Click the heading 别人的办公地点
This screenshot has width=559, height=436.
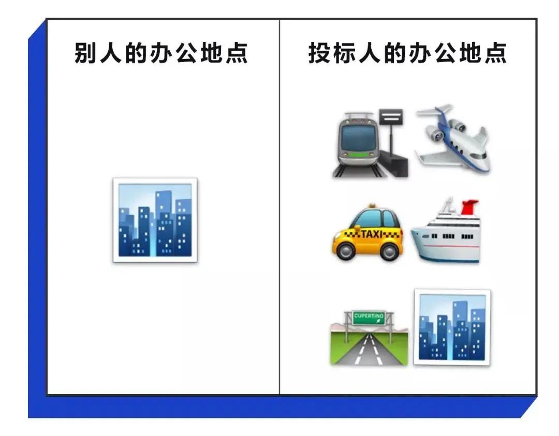click(161, 53)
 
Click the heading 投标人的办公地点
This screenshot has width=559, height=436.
click(407, 53)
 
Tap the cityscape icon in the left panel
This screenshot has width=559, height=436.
click(155, 220)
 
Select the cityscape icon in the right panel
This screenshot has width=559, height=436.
click(452, 327)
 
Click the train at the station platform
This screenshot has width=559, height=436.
click(358, 144)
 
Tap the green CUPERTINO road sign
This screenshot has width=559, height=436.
click(369, 318)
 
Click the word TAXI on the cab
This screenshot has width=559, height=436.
click(372, 234)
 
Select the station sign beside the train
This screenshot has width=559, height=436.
click(391, 117)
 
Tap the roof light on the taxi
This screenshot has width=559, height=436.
click(372, 206)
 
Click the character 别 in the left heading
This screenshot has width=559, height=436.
click(85, 53)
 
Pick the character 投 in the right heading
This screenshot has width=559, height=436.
click(320, 53)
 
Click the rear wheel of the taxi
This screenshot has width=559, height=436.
click(389, 251)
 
